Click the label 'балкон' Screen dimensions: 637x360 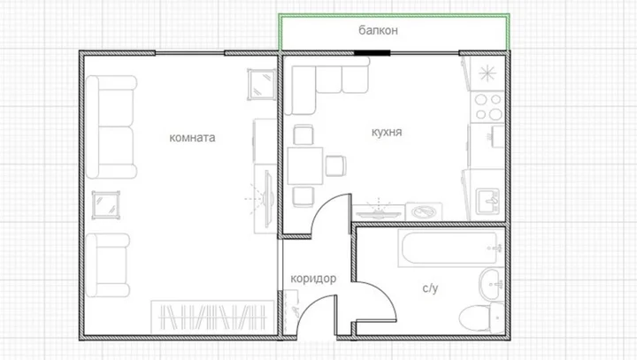click(378, 30)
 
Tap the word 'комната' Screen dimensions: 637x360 click(192, 138)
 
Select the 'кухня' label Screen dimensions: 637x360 click(387, 132)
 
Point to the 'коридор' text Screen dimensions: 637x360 click(313, 279)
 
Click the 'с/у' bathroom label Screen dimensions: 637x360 click(430, 288)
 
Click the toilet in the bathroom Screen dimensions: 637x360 click(482, 318)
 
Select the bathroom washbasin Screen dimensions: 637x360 click(492, 284)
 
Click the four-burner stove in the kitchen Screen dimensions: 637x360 click(487, 107)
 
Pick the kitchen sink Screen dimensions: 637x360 click(487, 202)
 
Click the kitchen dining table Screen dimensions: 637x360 click(305, 165)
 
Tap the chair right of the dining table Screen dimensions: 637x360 click(335, 165)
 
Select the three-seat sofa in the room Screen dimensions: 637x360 click(111, 127)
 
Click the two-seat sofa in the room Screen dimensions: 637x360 click(108, 265)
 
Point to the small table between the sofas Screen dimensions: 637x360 click(106, 205)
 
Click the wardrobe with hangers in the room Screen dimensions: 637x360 click(212, 317)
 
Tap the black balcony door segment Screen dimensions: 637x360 click(372, 53)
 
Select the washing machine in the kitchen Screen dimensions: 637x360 click(424, 211)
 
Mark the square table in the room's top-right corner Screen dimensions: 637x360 click(261, 84)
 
